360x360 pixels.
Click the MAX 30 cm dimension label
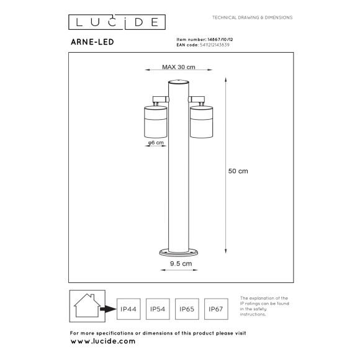click(179, 67)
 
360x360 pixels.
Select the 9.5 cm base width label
click(179, 263)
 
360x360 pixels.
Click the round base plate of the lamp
click(178, 251)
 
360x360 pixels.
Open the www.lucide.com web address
click(102, 341)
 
